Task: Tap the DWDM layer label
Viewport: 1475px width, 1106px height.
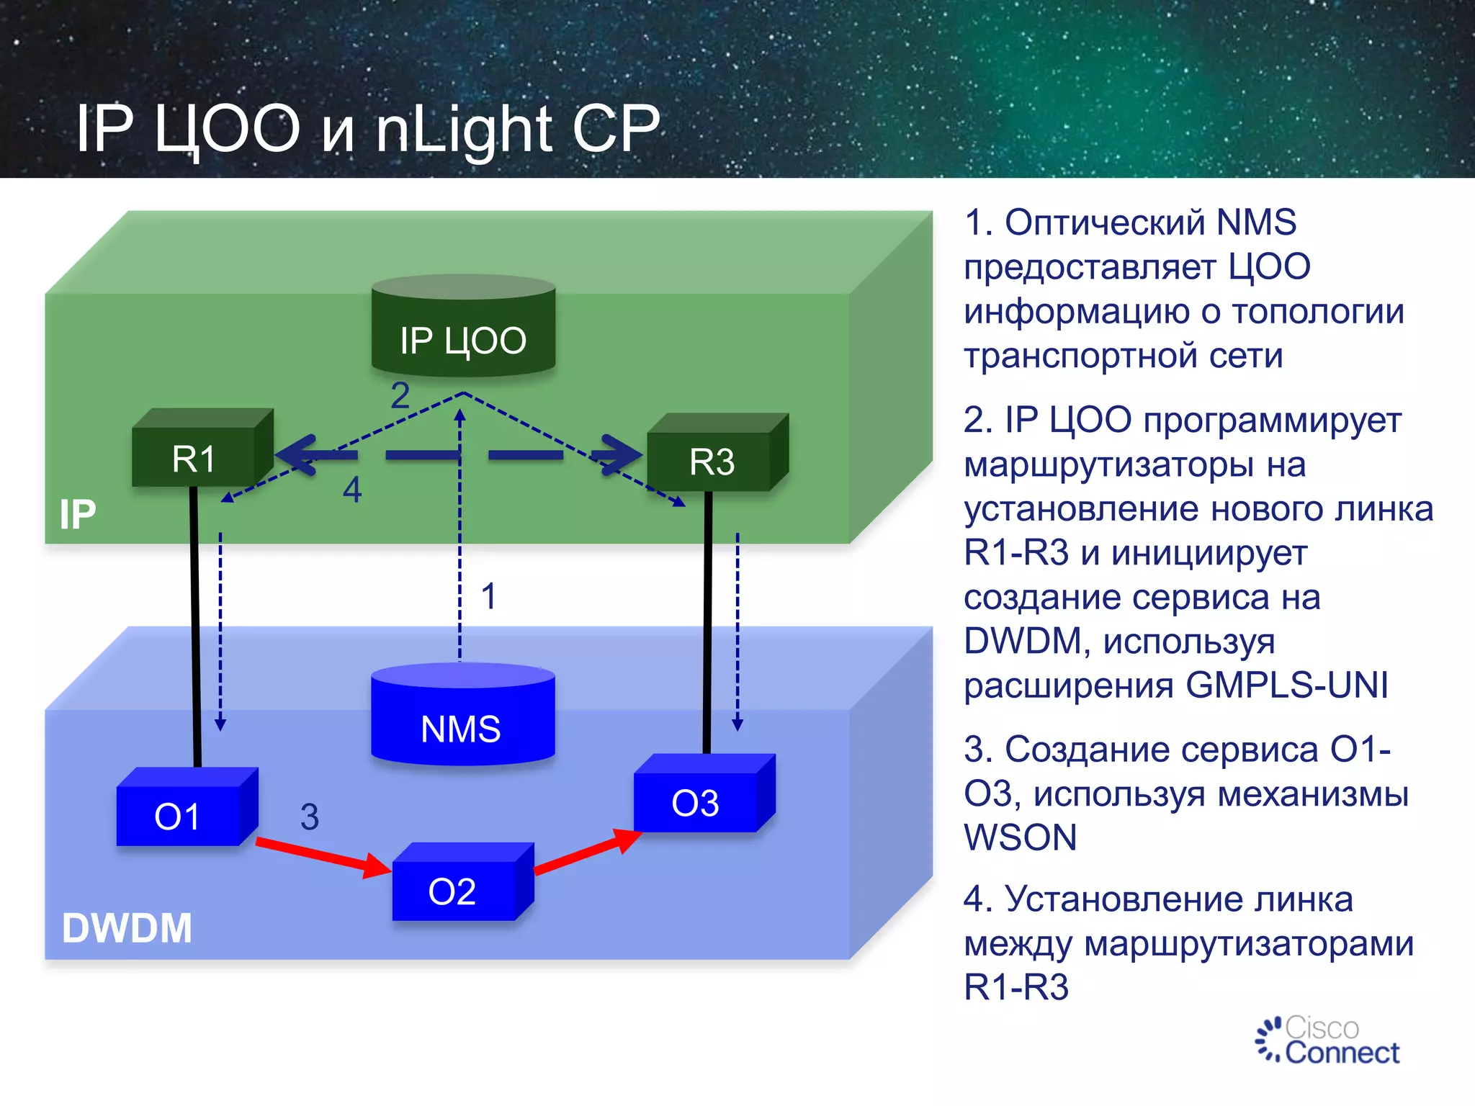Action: (127, 927)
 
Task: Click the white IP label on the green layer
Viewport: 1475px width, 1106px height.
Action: (77, 514)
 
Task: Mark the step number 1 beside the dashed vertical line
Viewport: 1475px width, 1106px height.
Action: (488, 596)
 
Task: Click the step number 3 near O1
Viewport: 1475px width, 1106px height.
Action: (309, 817)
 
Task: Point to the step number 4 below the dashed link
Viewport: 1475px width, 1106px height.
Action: (351, 490)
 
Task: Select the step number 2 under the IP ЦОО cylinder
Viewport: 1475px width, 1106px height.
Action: (400, 395)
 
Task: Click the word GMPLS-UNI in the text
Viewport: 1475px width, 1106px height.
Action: (1286, 685)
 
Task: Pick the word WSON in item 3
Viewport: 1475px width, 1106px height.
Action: (1020, 837)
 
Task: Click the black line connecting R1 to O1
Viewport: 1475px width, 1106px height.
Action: (195, 626)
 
